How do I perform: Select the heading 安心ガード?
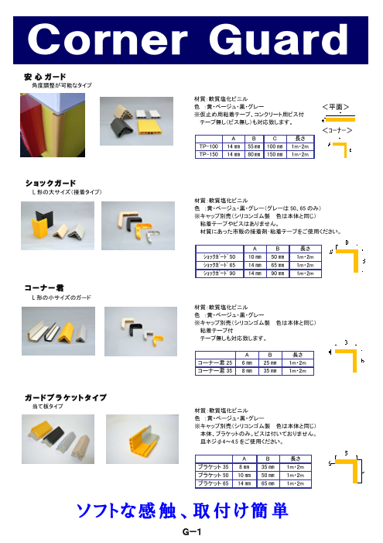click(45, 77)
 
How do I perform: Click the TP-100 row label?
click(208, 146)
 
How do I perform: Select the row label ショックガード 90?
click(219, 273)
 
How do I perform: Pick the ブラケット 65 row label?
click(214, 483)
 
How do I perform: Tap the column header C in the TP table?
click(275, 137)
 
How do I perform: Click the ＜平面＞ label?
click(338, 106)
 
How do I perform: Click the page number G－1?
click(190, 532)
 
